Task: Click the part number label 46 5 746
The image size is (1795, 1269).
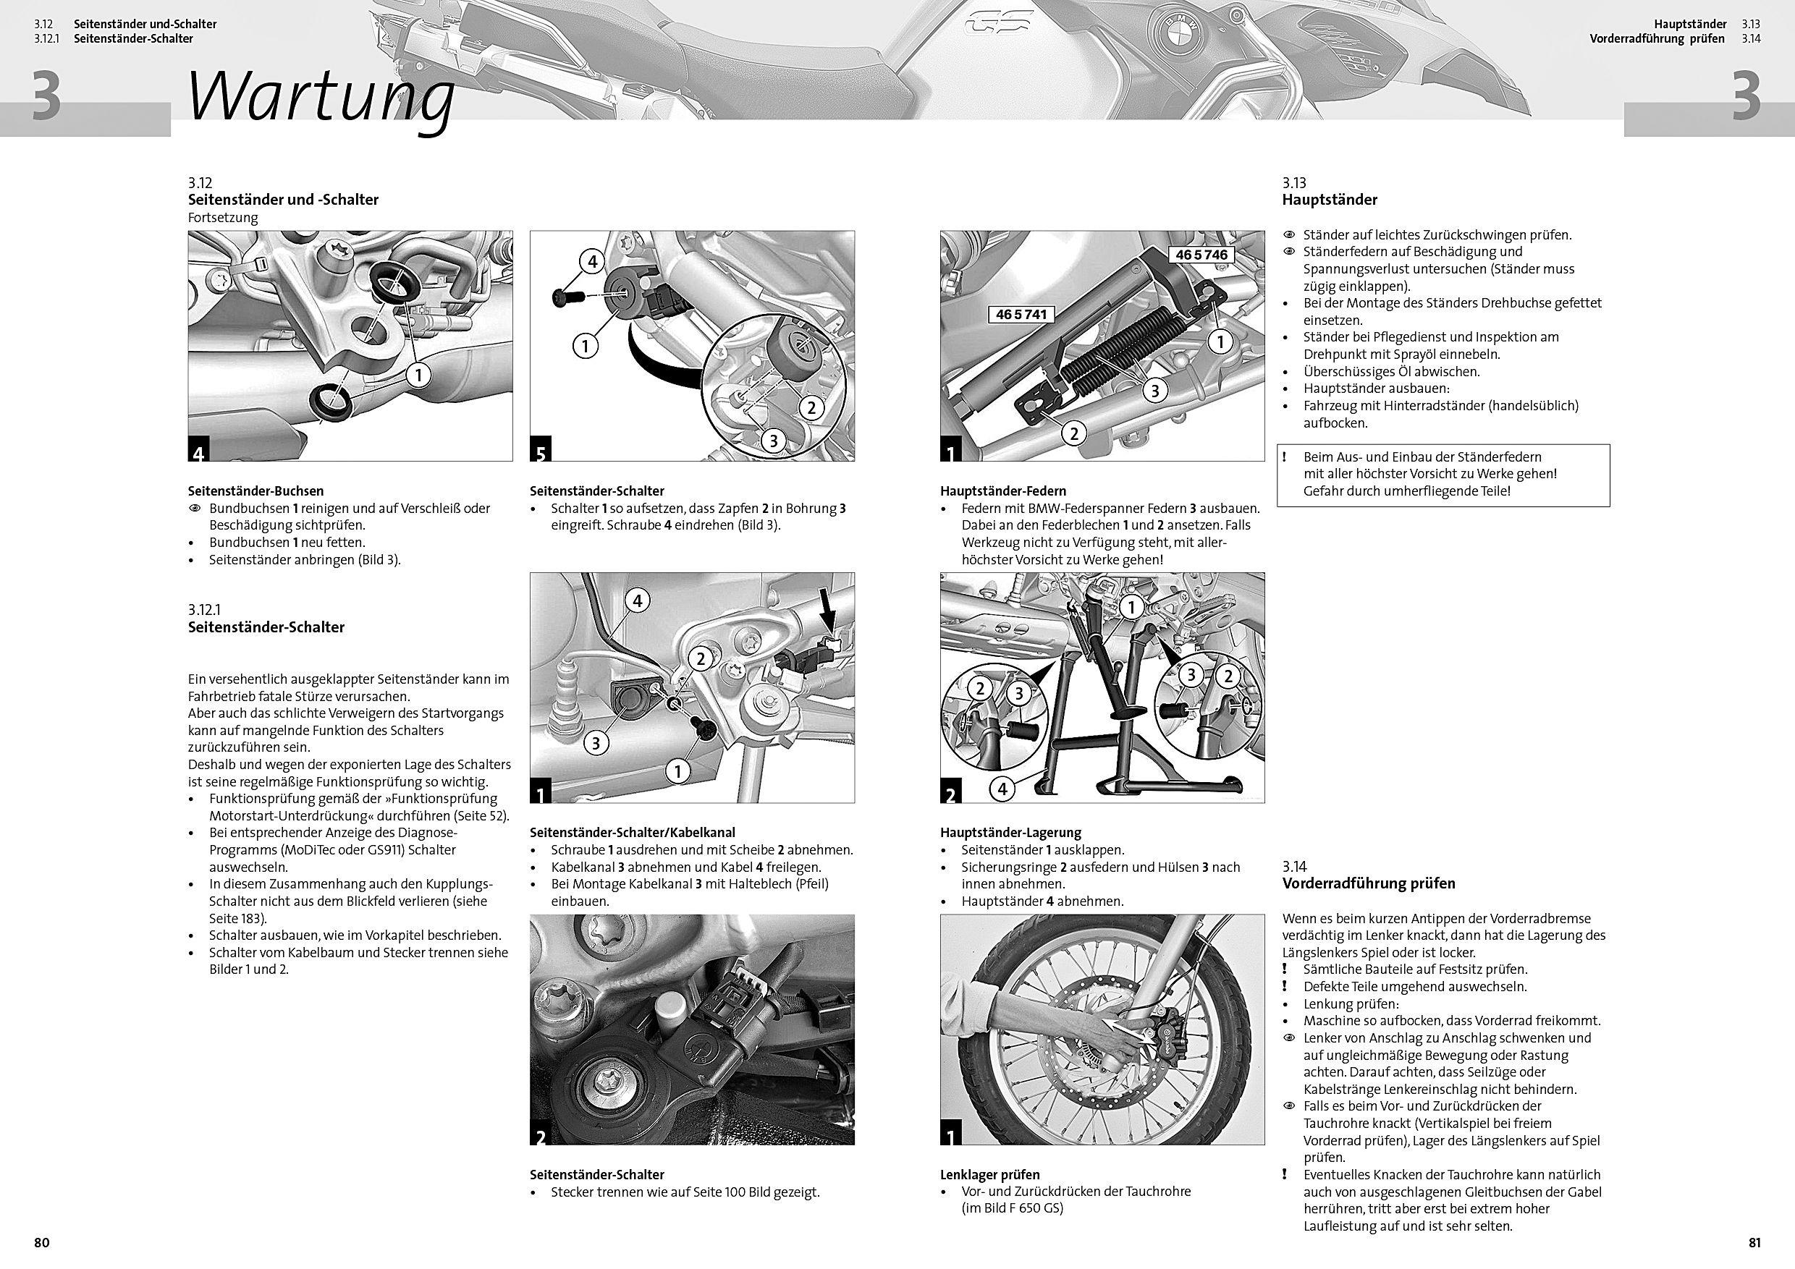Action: click(1201, 255)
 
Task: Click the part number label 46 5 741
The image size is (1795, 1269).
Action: click(1022, 314)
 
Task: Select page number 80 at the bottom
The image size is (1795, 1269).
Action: click(41, 1242)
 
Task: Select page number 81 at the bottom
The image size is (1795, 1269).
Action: click(1754, 1242)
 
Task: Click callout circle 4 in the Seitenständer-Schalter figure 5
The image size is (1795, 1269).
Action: click(592, 261)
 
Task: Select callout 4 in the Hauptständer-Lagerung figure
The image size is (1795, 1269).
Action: click(1002, 789)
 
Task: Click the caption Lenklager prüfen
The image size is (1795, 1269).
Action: click(989, 1174)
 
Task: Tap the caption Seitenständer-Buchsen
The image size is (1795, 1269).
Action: click(255, 491)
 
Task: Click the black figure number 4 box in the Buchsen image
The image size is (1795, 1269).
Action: click(198, 451)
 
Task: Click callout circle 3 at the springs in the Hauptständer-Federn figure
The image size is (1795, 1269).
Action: click(1154, 390)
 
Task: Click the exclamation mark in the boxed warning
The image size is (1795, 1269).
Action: click(1285, 457)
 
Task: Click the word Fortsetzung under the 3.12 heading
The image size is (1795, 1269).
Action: click(223, 217)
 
